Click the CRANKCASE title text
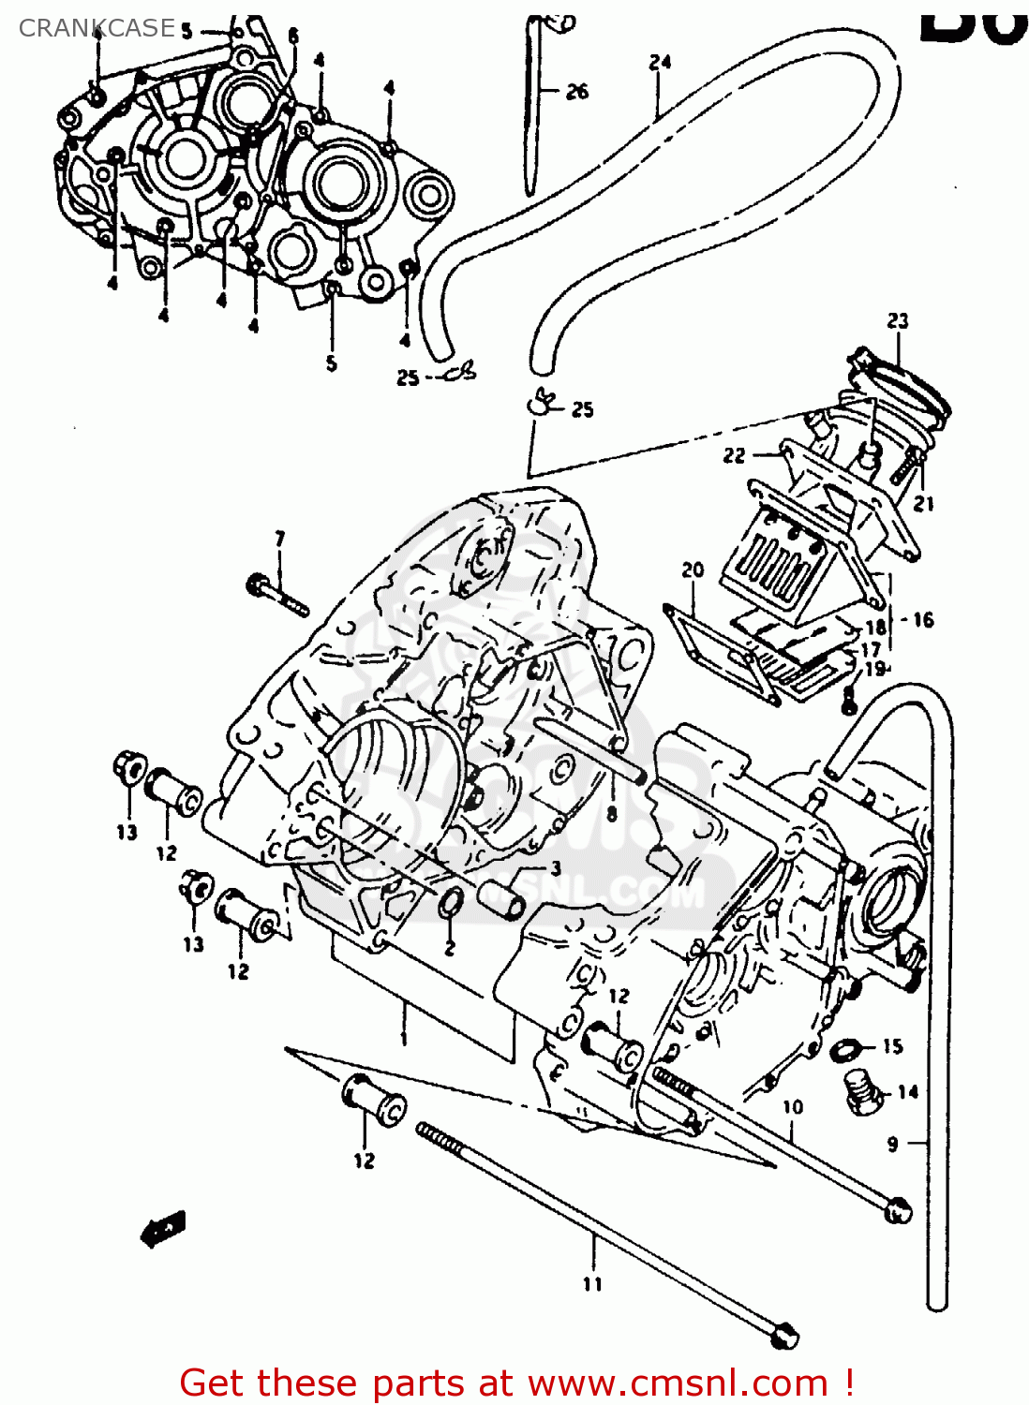point(97,28)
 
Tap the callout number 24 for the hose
point(660,63)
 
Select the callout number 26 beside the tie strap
point(577,91)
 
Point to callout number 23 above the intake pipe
point(898,320)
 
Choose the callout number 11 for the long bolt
point(592,1284)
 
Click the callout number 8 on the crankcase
point(611,814)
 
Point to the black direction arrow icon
point(163,1229)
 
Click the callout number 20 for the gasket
point(693,569)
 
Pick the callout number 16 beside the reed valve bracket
point(923,619)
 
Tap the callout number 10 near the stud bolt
point(793,1107)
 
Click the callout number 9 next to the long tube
point(892,1143)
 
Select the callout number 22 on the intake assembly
point(734,455)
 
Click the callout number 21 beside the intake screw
point(924,504)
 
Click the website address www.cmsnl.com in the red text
point(678,1383)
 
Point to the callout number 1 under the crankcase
point(404,1038)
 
